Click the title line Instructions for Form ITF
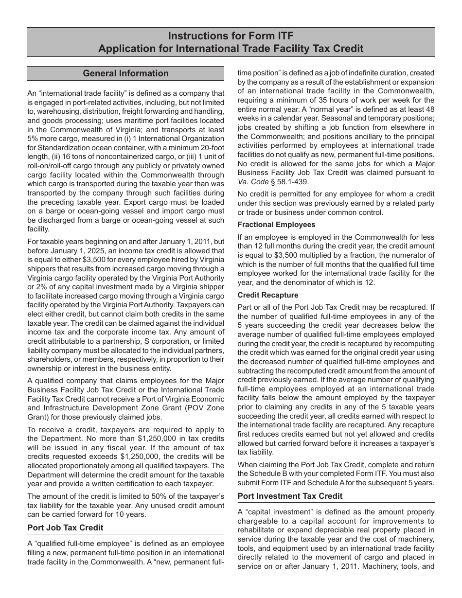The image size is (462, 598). (x=231, y=36)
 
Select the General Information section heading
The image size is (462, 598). (x=125, y=73)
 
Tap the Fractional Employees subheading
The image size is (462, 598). (x=276, y=225)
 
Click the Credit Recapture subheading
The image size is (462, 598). (x=268, y=295)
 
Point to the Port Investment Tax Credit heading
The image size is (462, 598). (x=290, y=496)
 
